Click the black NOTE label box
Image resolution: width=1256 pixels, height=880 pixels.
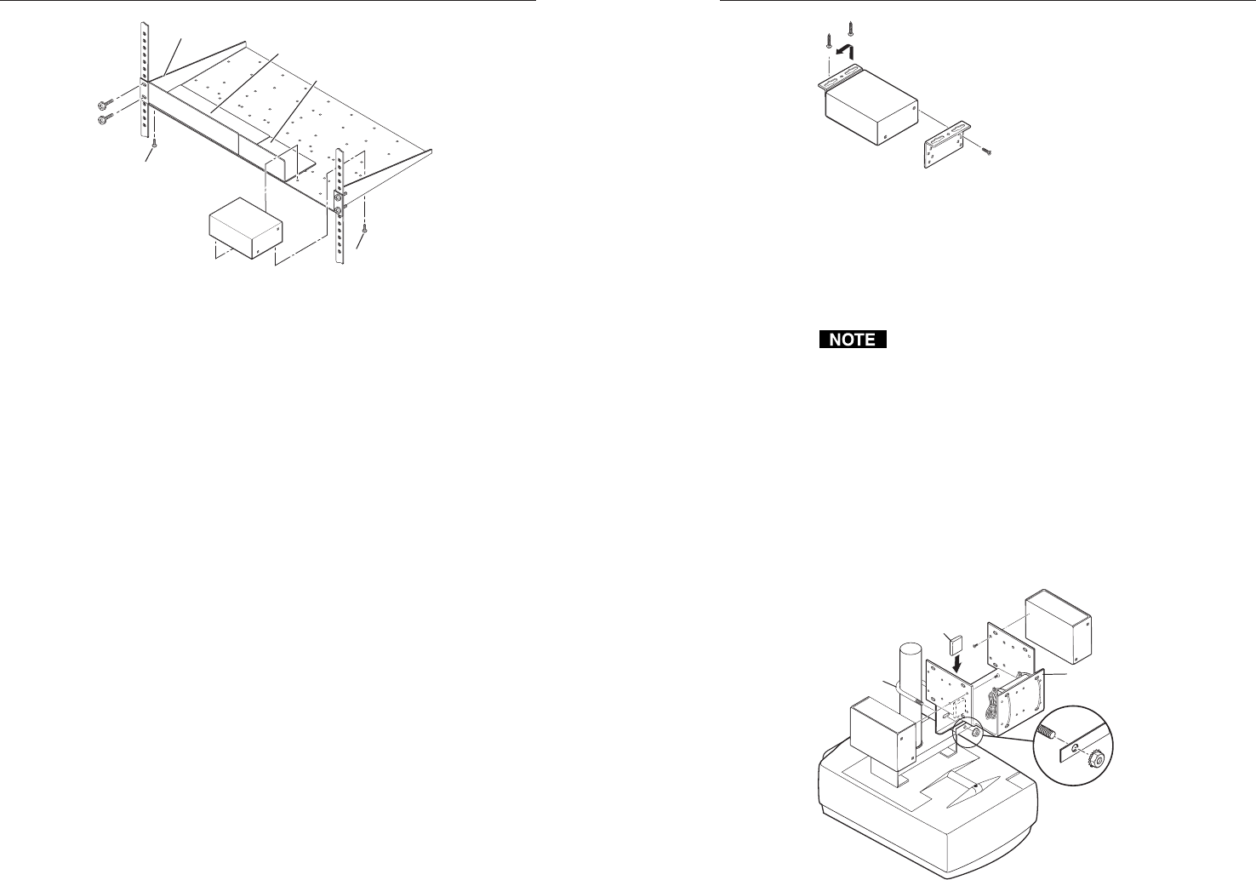[852, 340]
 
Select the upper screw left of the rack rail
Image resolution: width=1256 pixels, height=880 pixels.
[105, 103]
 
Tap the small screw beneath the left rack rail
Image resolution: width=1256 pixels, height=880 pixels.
[153, 144]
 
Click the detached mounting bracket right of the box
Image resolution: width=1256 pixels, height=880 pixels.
[951, 146]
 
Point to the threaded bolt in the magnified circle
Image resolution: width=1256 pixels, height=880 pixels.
[1048, 733]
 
